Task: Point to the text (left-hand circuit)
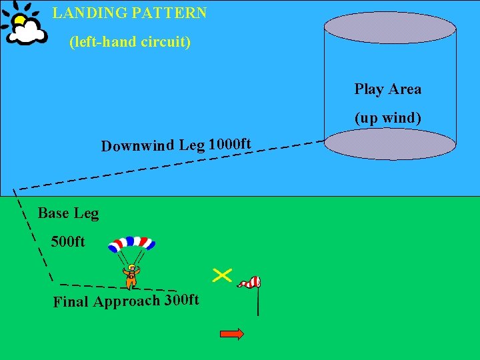tap(130, 42)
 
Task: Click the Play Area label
tap(388, 89)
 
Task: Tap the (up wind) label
tap(388, 118)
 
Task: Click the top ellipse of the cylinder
tap(390, 27)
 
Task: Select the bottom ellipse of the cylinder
tap(390, 143)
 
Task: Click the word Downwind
tap(138, 146)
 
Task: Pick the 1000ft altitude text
tap(230, 144)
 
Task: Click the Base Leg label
tap(68, 213)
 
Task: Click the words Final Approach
tap(107, 301)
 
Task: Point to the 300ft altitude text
tap(182, 299)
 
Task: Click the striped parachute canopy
tap(131, 244)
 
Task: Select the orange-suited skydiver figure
tap(131, 275)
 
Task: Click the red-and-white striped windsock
tap(251, 283)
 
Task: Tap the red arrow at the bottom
tap(232, 334)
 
